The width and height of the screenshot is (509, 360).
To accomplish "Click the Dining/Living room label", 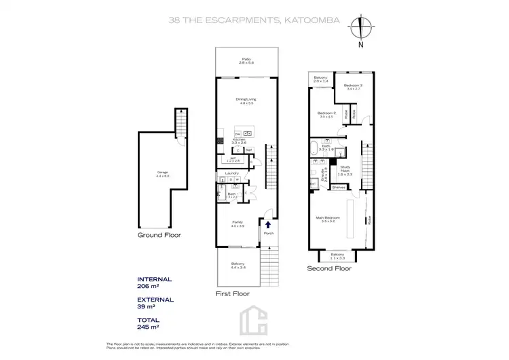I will tap(245, 100).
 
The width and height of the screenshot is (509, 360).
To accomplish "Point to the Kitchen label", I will tap(239, 140).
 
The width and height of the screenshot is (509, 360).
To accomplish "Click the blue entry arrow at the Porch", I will tap(267, 225).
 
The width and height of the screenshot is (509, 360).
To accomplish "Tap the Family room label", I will tap(238, 222).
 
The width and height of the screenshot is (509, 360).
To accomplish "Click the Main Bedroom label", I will tap(328, 218).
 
